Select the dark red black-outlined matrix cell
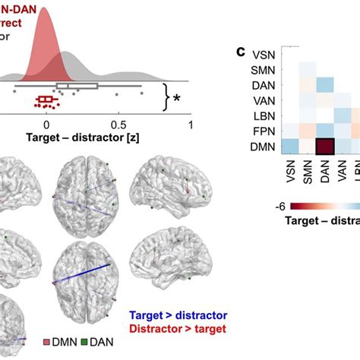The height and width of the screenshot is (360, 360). tap(325, 146)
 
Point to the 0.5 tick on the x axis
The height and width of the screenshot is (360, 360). tap(118, 125)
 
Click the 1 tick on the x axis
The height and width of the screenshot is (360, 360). tap(190, 125)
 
